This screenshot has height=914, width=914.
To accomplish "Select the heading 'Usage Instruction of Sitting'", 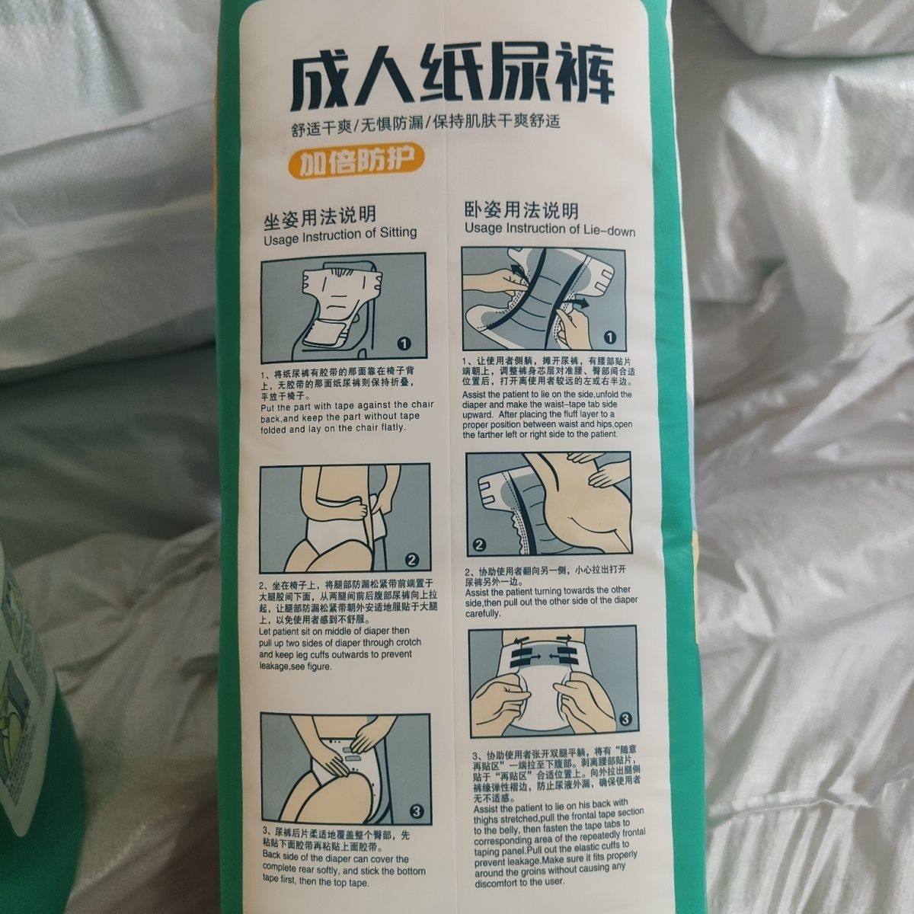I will coord(340,233).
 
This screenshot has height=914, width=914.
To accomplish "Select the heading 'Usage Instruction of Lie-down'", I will coord(549,229).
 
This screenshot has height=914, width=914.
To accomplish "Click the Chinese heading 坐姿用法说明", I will coord(319,216).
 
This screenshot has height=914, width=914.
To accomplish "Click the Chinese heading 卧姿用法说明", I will coord(522,210).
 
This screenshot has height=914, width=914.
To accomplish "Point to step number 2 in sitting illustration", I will coord(412,561).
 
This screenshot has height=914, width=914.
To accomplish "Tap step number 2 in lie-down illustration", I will coord(480,545).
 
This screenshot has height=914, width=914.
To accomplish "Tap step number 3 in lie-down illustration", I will coord(624,717).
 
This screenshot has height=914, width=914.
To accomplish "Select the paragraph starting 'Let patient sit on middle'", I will coord(335,647).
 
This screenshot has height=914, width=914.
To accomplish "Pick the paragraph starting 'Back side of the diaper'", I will coord(342,870).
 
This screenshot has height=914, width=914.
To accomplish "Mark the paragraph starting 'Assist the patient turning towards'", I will coord(547,601).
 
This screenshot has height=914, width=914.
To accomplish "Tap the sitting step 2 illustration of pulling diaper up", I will coord(344,519).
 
